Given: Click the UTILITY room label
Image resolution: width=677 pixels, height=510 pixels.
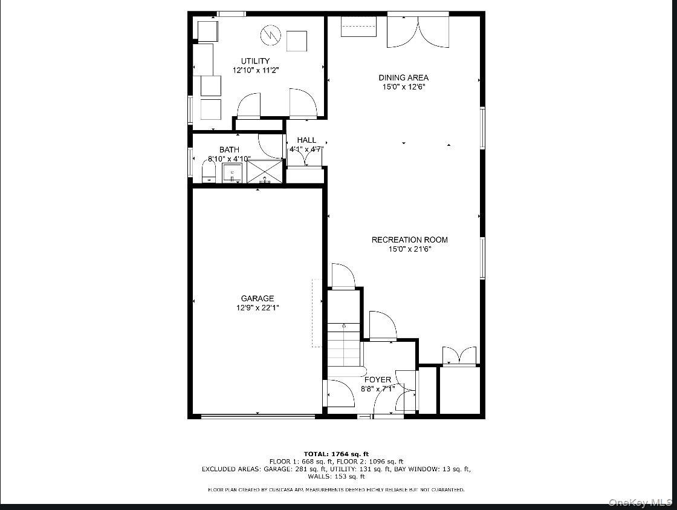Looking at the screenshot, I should [x=255, y=61].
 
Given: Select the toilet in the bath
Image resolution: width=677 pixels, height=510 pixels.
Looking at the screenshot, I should [x=209, y=172].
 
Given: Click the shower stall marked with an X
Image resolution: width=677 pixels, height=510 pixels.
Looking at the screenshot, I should [x=265, y=171].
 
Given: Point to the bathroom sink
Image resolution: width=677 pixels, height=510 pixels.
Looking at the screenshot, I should [x=232, y=172].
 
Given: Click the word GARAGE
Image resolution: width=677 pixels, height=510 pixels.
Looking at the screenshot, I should [x=258, y=298].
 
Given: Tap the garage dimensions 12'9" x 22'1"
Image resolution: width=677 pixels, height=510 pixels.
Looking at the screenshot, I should [x=258, y=308].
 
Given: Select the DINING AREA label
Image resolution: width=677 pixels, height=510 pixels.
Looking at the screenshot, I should [x=403, y=77].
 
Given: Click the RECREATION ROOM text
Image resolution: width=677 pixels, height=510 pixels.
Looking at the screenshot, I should [x=409, y=240].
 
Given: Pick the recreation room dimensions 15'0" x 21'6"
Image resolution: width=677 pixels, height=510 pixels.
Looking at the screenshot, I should [x=409, y=249].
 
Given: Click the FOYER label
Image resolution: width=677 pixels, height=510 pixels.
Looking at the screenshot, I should [x=377, y=380].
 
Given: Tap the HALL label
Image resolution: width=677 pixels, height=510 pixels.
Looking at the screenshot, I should [x=306, y=140].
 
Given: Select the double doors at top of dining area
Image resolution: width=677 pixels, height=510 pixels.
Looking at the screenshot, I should [x=418, y=30].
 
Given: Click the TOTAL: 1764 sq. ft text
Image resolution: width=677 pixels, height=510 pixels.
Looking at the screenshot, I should [x=336, y=454].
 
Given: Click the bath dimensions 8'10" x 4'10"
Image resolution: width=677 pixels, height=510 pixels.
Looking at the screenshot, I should [x=229, y=159].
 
